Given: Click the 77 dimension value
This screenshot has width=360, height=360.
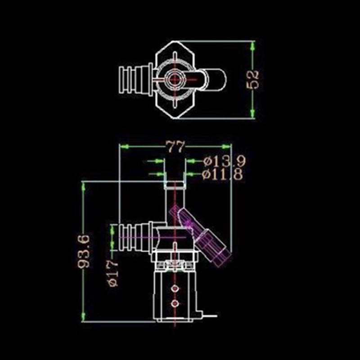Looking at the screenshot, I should point(175,147).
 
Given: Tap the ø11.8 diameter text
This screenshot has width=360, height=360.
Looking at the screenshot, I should point(222,174).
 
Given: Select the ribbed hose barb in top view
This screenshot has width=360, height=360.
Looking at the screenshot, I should point(135,79).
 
